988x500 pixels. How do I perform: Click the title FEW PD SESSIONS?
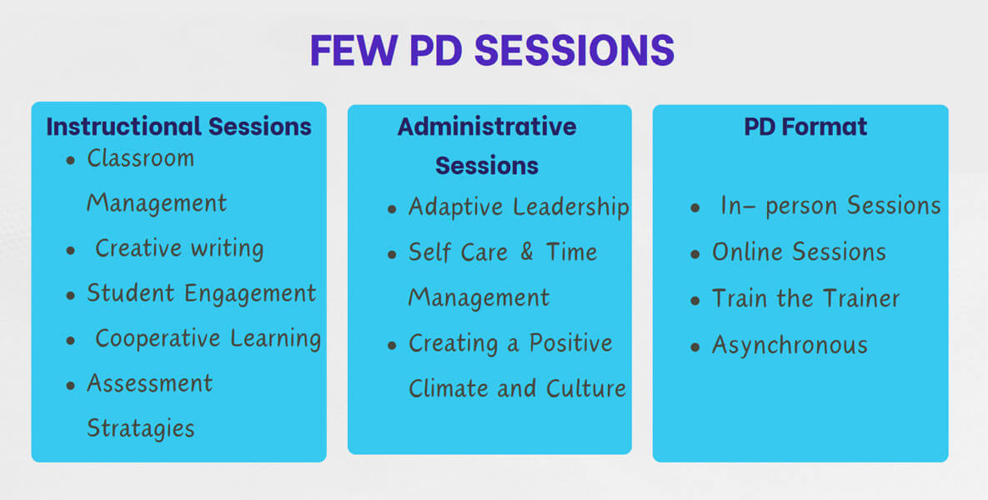pyautogui.click(x=492, y=50)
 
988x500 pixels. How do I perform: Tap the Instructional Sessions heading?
pyautogui.click(x=179, y=126)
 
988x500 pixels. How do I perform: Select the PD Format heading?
pyautogui.click(x=805, y=127)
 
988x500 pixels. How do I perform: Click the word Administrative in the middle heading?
pyautogui.click(x=486, y=127)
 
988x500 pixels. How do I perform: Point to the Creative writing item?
pyautogui.click(x=179, y=248)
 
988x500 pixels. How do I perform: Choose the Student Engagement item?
pyautogui.click(x=202, y=293)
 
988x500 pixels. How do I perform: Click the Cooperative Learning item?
pyautogui.click(x=208, y=339)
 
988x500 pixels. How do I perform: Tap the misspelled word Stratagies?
pyautogui.click(x=141, y=429)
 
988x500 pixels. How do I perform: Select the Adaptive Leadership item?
pyautogui.click(x=519, y=207)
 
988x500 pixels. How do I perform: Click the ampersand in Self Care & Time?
pyautogui.click(x=527, y=252)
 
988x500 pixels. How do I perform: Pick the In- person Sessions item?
pyautogui.click(x=830, y=206)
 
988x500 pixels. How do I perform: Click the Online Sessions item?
pyautogui.click(x=799, y=252)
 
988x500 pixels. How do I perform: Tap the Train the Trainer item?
pyautogui.click(x=806, y=298)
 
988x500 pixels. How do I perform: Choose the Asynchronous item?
pyautogui.click(x=790, y=345)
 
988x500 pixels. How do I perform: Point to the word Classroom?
pyautogui.click(x=141, y=158)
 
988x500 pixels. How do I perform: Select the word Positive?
pyautogui.click(x=571, y=343)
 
